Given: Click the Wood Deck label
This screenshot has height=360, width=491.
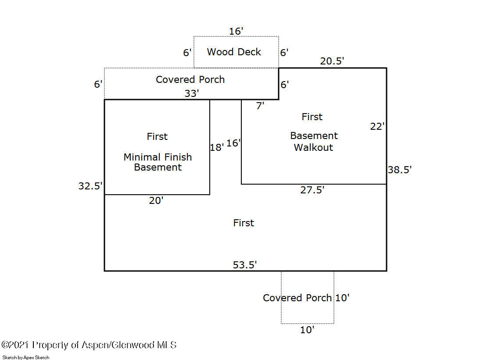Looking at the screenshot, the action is pyautogui.click(x=234, y=52).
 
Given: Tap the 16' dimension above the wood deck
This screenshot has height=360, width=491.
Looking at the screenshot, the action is pyautogui.click(x=236, y=31).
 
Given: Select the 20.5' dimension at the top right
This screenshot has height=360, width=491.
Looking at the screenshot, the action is pyautogui.click(x=332, y=61).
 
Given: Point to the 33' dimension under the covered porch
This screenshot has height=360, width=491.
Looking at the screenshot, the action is pyautogui.click(x=192, y=93).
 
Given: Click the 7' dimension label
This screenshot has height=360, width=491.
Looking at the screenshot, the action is pyautogui.click(x=260, y=106).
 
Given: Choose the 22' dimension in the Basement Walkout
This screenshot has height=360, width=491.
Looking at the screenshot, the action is pyautogui.click(x=377, y=126).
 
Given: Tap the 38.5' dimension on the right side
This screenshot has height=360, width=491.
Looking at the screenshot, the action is pyautogui.click(x=400, y=170).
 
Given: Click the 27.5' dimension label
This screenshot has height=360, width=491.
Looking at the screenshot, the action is pyautogui.click(x=312, y=190).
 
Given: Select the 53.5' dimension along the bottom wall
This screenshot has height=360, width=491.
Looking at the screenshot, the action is pyautogui.click(x=244, y=265).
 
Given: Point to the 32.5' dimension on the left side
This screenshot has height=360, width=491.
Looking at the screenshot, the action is pyautogui.click(x=90, y=186).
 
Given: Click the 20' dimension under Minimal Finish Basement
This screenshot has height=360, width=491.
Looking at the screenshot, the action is pyautogui.click(x=156, y=200).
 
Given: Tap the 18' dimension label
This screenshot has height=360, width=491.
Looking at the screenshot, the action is pyautogui.click(x=217, y=147).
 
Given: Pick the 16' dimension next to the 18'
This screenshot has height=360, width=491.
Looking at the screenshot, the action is pyautogui.click(x=233, y=143).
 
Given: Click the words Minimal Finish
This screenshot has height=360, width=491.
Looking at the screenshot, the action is pyautogui.click(x=158, y=157).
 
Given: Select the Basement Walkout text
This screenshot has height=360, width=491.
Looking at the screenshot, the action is pyautogui.click(x=314, y=142).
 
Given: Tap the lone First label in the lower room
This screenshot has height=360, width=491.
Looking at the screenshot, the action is pyautogui.click(x=244, y=223).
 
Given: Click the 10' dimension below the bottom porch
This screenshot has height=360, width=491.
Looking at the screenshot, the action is pyautogui.click(x=307, y=330).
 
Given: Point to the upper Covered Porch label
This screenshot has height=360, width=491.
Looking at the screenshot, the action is pyautogui.click(x=190, y=79).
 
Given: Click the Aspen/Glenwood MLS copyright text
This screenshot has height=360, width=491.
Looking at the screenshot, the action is pyautogui.click(x=89, y=345).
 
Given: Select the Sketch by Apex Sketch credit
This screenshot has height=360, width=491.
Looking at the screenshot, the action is pyautogui.click(x=26, y=357).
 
